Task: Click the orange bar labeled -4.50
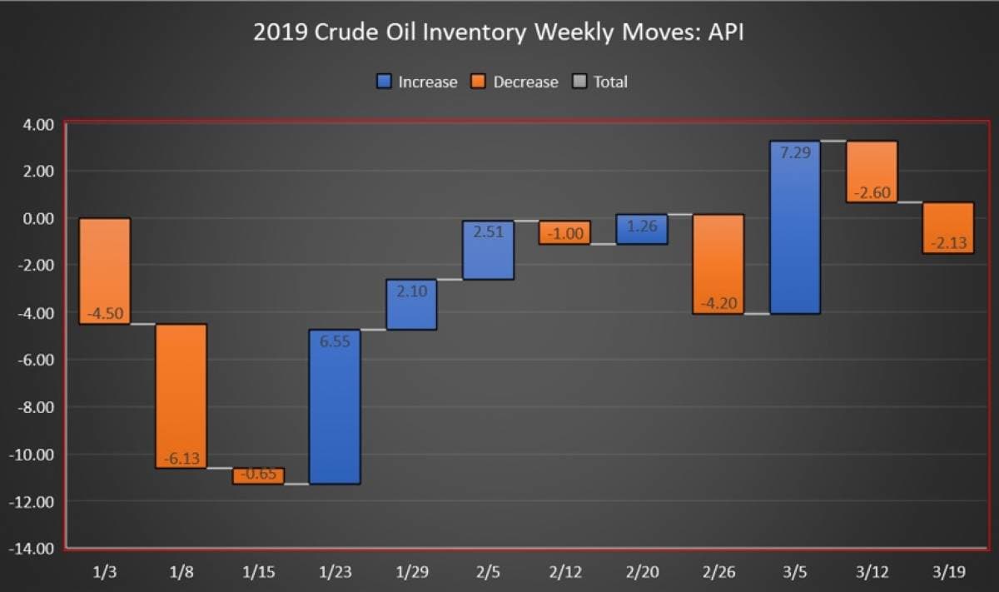point(105,271)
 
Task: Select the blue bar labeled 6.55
point(335,406)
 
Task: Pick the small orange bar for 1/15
point(258,475)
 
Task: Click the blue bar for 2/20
point(642,229)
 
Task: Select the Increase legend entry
point(417,82)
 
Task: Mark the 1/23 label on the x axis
point(335,573)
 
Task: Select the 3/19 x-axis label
point(949,573)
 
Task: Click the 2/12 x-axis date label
point(565,573)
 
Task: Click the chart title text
point(499,33)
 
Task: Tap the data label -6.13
point(181,459)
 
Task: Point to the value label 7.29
point(795,152)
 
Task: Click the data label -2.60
point(872,193)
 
